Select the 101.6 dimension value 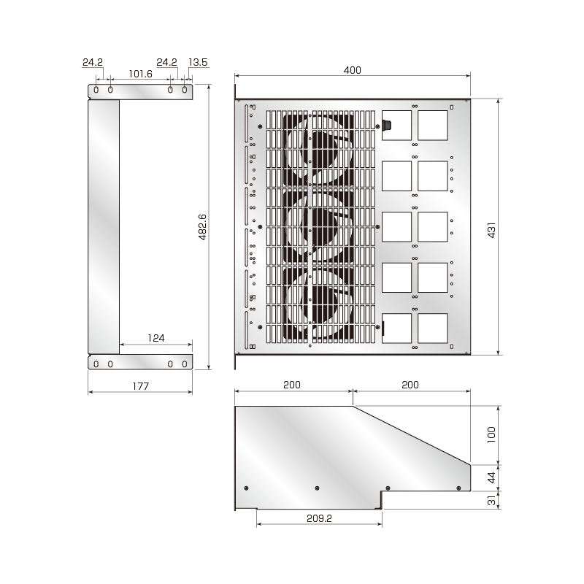click(x=139, y=74)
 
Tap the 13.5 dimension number click(x=198, y=63)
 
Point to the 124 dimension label click(x=155, y=338)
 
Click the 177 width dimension click(x=140, y=386)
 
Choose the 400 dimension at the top click(x=353, y=70)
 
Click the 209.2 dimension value click(x=319, y=517)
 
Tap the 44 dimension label click(x=491, y=477)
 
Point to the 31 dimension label click(x=491, y=500)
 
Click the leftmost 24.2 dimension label click(x=92, y=63)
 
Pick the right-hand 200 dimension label click(x=411, y=385)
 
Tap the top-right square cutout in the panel click(x=432, y=125)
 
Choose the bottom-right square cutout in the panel click(x=432, y=328)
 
